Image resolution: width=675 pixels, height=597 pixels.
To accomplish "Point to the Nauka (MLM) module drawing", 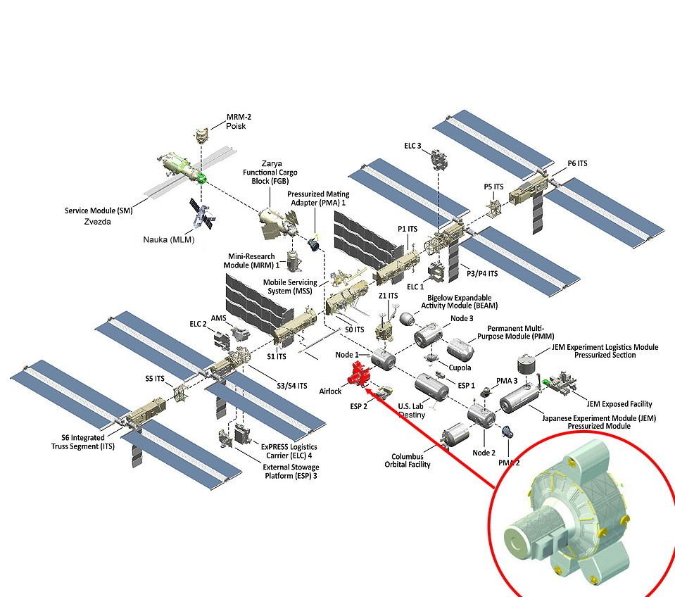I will [x=200, y=213].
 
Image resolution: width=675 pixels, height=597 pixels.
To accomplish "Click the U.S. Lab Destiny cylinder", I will [x=431, y=387].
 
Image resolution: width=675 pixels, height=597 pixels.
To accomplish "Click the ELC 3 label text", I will [x=413, y=146].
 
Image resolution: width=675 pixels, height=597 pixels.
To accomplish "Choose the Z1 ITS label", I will [x=388, y=296].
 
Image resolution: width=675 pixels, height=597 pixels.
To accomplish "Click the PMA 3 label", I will [x=507, y=381].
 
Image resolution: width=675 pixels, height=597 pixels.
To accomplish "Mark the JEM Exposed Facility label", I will [x=619, y=404].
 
